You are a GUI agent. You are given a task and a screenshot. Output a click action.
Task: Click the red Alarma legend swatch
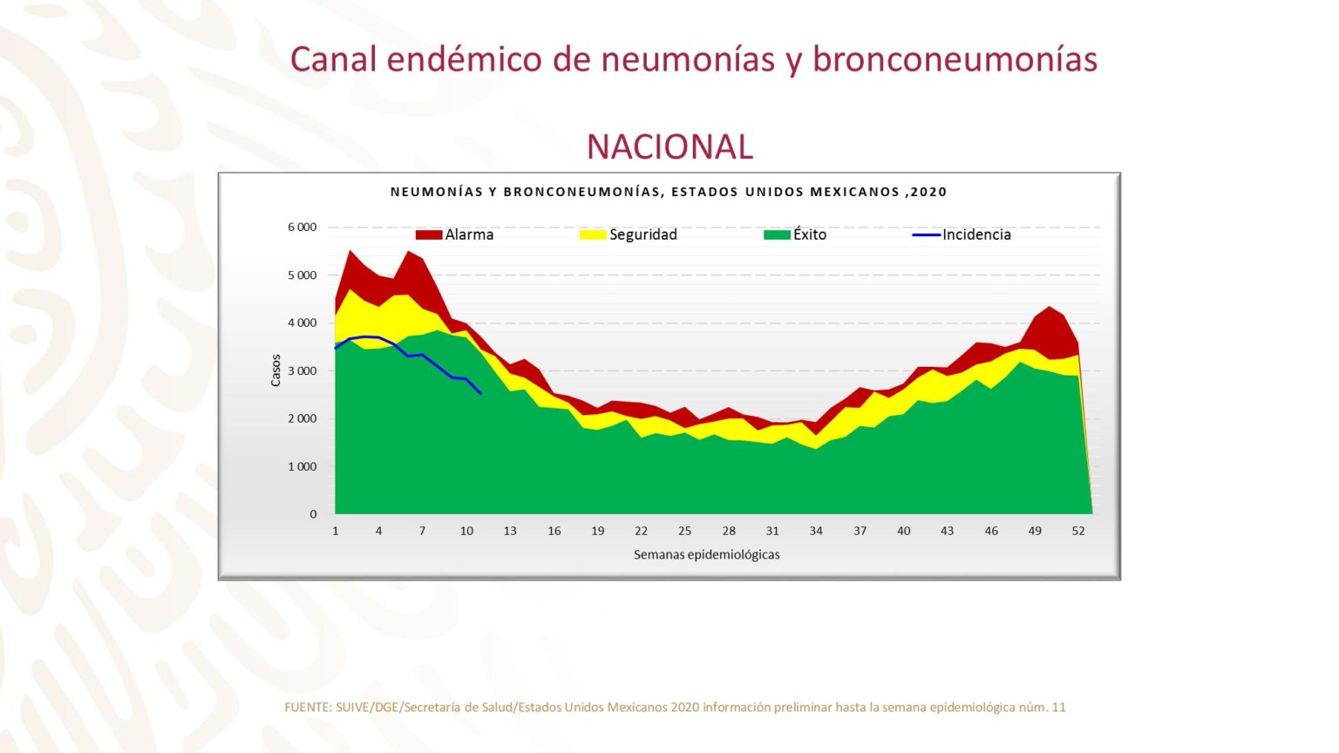pyautogui.click(x=428, y=234)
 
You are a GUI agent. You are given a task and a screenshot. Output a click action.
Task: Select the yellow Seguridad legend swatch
pyautogui.click(x=593, y=234)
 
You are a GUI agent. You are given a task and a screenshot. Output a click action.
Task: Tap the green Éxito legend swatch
pyautogui.click(x=777, y=234)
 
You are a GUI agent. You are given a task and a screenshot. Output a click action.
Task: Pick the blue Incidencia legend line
pyautogui.click(x=926, y=234)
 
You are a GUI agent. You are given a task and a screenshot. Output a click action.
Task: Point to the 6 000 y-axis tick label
pyautogui.click(x=302, y=227)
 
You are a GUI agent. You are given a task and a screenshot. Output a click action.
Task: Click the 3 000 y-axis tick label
pyautogui.click(x=302, y=371)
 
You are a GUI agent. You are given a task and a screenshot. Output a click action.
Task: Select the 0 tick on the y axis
pyautogui.click(x=313, y=514)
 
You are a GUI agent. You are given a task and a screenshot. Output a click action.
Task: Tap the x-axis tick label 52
pyautogui.click(x=1078, y=531)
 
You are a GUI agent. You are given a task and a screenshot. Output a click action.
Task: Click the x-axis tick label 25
pyautogui.click(x=684, y=531)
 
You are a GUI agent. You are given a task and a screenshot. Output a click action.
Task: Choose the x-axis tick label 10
pyautogui.click(x=466, y=531)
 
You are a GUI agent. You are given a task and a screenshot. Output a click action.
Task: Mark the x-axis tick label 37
pyautogui.click(x=860, y=531)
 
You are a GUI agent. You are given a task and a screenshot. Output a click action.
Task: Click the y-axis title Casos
pyautogui.click(x=275, y=370)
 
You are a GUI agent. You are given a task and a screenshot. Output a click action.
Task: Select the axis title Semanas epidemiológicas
pyautogui.click(x=706, y=554)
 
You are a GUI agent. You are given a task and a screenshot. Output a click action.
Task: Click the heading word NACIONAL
pyautogui.click(x=669, y=146)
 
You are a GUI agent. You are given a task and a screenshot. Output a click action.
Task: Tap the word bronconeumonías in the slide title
pyautogui.click(x=955, y=59)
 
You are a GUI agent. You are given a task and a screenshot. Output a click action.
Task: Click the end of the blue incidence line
pyautogui.click(x=480, y=393)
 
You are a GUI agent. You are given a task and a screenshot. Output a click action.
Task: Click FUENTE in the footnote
pyautogui.click(x=307, y=708)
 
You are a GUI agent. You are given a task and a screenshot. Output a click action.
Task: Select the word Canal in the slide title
pyautogui.click(x=334, y=59)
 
